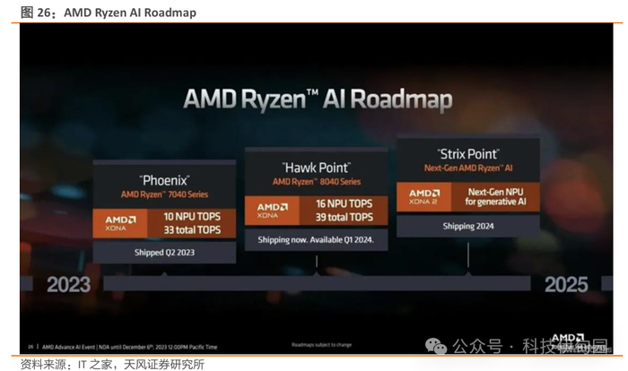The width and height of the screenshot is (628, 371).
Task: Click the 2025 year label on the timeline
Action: pos(565,285)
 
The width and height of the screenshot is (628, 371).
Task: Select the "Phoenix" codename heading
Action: pos(164,177)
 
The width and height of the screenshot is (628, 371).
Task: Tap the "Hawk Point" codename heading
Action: pos(316,167)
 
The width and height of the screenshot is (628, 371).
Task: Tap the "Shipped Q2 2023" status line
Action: pos(164,253)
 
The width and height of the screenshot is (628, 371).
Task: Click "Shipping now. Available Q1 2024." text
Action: pos(316,239)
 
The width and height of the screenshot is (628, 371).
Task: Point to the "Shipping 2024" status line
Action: pos(467,226)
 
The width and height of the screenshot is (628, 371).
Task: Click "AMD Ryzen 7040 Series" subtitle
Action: pos(164,194)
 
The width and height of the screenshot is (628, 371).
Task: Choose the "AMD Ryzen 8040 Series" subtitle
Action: pos(316,182)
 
